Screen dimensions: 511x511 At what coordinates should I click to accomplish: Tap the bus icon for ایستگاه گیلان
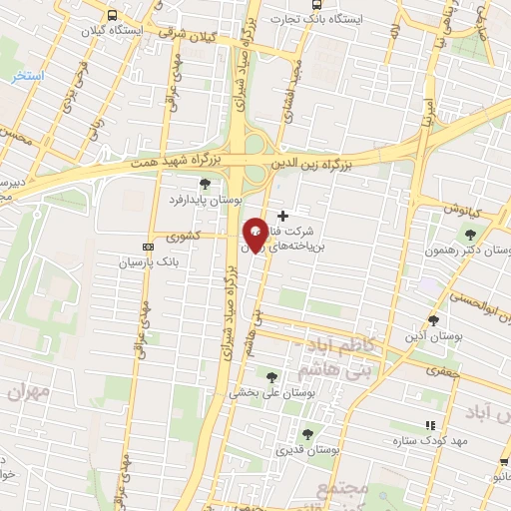point(112,16)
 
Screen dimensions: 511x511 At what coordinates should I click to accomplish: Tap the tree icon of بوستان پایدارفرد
point(206,184)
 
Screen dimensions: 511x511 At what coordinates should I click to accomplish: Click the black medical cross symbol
point(282,215)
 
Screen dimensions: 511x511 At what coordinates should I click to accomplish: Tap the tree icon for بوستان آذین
point(433,320)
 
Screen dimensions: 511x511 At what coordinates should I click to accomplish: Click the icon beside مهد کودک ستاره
point(430,425)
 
